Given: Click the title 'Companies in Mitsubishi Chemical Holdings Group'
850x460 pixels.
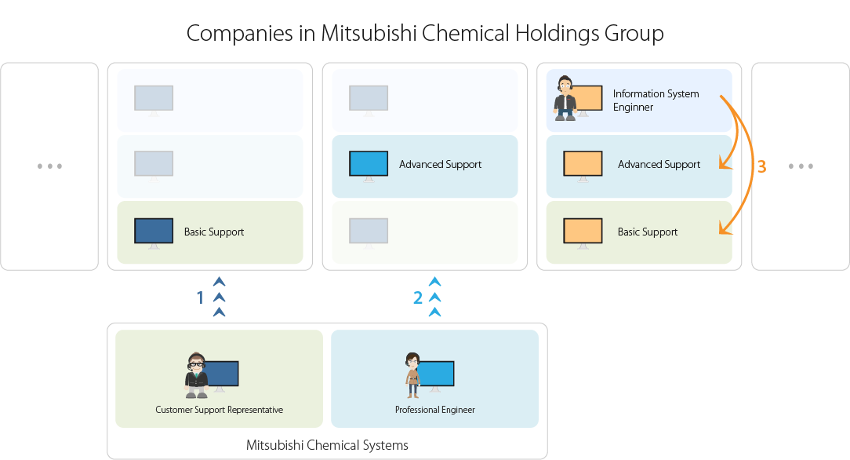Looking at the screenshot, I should coord(425,34).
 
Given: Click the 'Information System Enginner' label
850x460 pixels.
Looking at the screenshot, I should coord(656,100).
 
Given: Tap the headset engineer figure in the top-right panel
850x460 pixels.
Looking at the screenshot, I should coord(565,98).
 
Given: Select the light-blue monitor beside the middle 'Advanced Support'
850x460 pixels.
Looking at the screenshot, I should coord(369,164).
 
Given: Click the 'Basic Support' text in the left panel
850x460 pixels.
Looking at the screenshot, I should coord(214,232).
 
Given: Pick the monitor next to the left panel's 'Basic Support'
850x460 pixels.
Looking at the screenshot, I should coord(154,232).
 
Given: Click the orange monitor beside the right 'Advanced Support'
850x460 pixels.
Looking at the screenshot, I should coord(583,164).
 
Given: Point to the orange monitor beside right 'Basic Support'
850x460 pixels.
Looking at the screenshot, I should coord(583,232).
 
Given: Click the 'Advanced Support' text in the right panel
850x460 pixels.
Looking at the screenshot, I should coord(659,164).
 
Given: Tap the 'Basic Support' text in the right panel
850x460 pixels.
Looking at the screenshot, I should coord(648,232).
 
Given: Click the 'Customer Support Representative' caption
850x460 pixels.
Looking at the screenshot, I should coord(219,410).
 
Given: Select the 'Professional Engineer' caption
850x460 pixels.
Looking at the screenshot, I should coord(434,410).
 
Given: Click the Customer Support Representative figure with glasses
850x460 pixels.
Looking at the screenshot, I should coord(196,375).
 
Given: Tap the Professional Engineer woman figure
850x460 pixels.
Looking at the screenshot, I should coord(412,375).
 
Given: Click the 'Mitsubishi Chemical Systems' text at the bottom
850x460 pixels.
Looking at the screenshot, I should coord(327,446).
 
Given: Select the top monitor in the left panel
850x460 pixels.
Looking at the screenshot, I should coord(154,98).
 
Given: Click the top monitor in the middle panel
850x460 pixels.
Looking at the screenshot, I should coord(369,98).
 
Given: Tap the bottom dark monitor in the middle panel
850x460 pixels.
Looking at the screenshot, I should coord(369,232).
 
